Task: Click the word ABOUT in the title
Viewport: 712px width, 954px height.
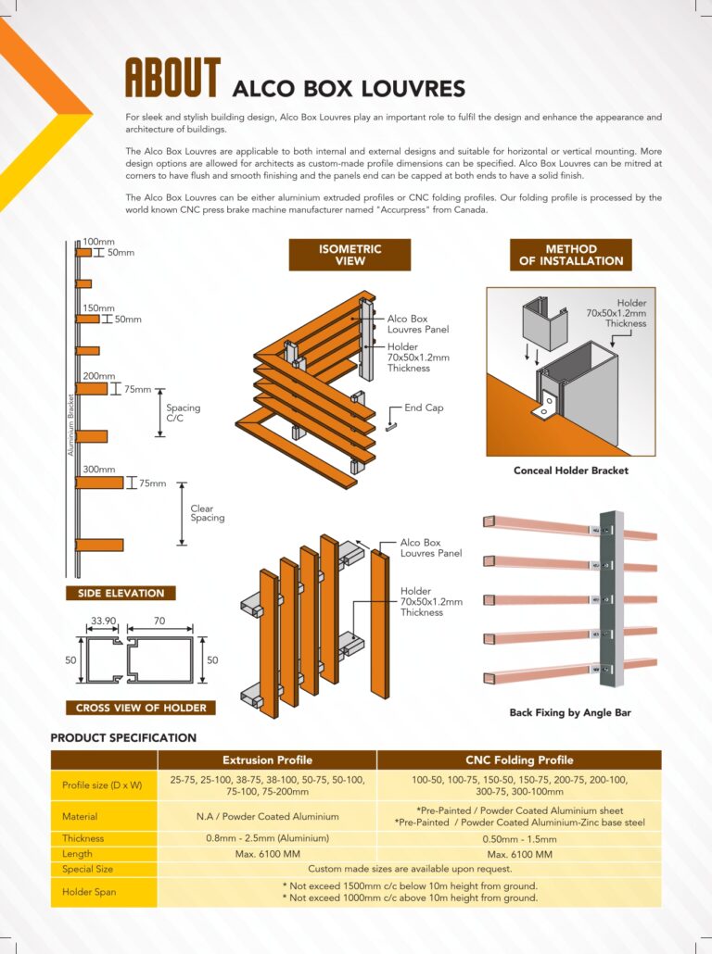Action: pyautogui.click(x=172, y=79)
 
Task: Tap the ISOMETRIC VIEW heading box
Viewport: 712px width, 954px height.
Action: pyautogui.click(x=350, y=255)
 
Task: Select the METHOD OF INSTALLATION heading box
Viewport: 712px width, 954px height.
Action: pyautogui.click(x=570, y=255)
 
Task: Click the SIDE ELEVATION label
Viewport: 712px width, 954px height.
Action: pyautogui.click(x=121, y=594)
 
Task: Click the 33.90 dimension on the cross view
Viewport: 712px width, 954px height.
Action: pyautogui.click(x=104, y=622)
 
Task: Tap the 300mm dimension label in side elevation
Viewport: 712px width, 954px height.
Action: pyautogui.click(x=99, y=470)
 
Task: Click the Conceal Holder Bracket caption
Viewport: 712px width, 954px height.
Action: pyautogui.click(x=570, y=471)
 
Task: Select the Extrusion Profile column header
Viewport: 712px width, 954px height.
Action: pyautogui.click(x=267, y=760)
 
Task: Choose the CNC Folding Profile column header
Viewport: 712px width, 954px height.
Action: pyautogui.click(x=519, y=760)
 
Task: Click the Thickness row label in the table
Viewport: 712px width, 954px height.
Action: pyautogui.click(x=83, y=838)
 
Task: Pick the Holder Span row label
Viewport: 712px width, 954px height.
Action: pyautogui.click(x=89, y=892)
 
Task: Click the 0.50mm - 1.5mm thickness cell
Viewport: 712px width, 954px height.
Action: pyautogui.click(x=519, y=838)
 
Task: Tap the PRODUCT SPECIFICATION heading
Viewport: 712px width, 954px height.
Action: pyautogui.click(x=123, y=738)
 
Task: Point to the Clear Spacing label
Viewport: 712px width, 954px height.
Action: pyautogui.click(x=208, y=513)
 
